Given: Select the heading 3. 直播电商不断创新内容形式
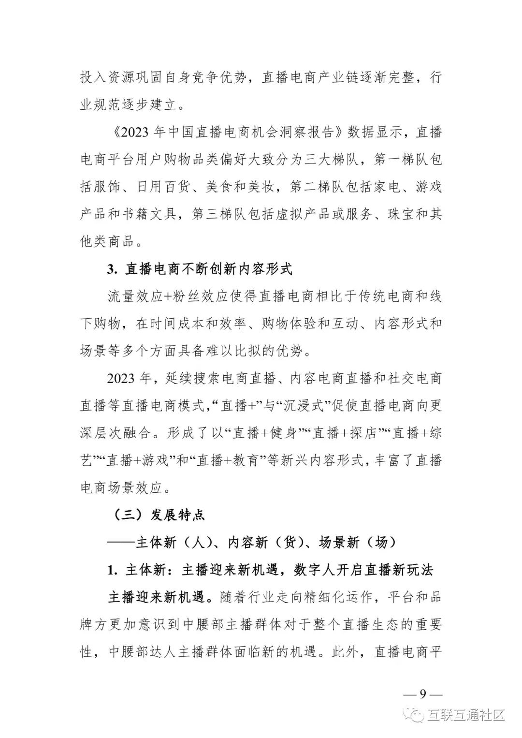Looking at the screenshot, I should click(200, 269).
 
